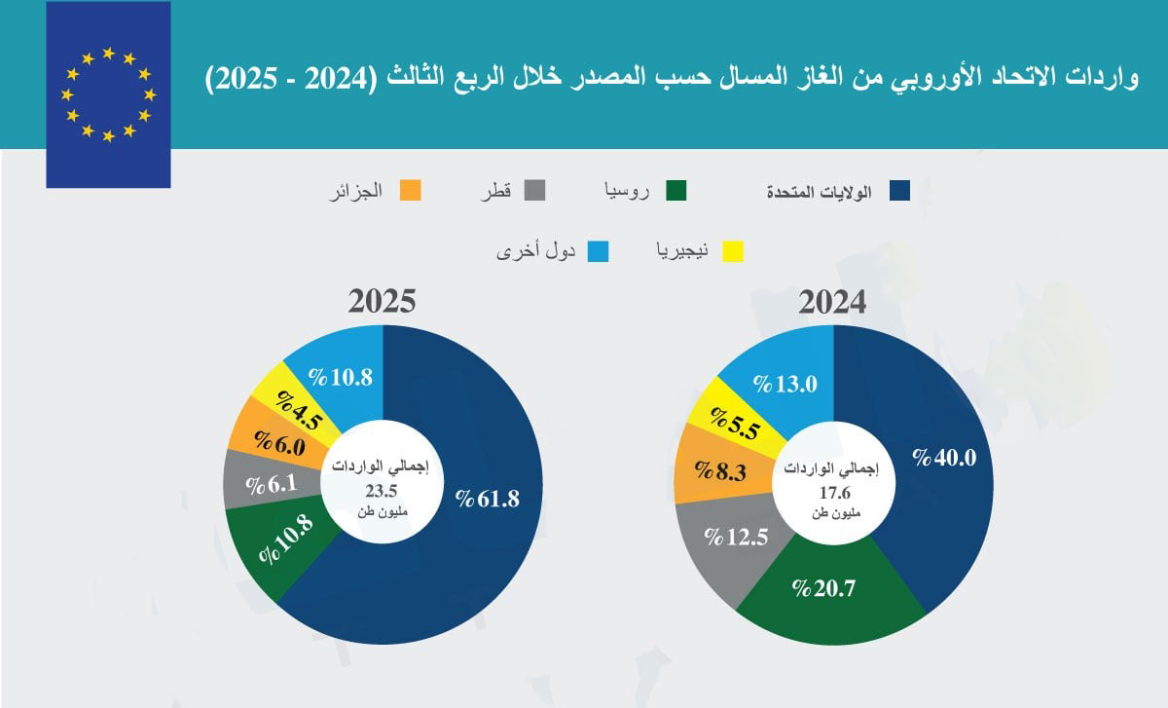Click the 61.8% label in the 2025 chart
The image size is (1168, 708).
point(488,499)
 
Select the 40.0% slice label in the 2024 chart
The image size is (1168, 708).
point(943,457)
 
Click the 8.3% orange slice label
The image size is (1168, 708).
point(717,474)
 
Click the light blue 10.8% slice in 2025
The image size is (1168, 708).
point(340,377)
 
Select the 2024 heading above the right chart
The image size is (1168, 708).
point(832,302)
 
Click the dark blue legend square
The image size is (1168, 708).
point(899,191)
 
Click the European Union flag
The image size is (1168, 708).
point(108,94)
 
